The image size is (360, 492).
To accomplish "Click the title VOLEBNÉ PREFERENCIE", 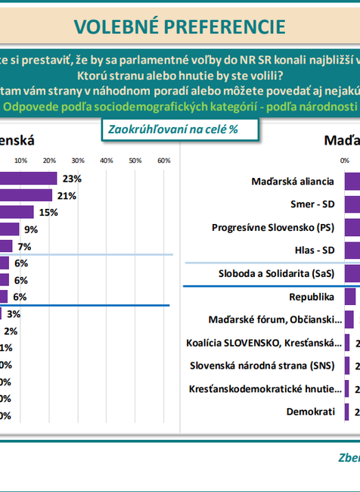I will pos(180,26).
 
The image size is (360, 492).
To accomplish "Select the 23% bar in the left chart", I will pos(29,179).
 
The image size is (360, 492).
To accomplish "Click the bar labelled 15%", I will pos(17,213).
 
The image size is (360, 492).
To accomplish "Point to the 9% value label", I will pos(31,229).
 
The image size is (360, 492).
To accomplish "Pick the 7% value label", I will pos(24,246).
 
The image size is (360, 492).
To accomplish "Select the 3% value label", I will pos(14,313).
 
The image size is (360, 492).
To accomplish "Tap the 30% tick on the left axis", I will pos(78,160).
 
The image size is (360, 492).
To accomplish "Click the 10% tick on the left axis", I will pos(21,160).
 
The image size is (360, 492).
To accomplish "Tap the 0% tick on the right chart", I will pos(345,160).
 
